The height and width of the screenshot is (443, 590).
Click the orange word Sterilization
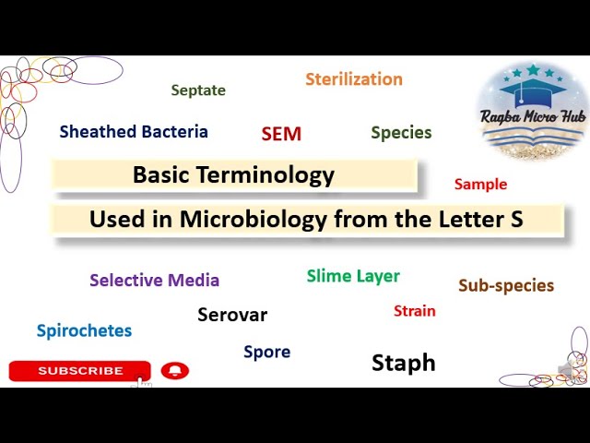tap(354, 79)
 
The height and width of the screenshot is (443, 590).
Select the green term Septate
tap(198, 90)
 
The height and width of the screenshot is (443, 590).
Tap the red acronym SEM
tap(281, 134)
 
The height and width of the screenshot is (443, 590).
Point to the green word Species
tap(402, 133)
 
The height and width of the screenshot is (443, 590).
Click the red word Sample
tap(480, 185)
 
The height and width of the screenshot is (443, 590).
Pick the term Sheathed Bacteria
tap(134, 131)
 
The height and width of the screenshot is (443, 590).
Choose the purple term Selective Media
tap(154, 281)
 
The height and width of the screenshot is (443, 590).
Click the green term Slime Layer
tap(353, 276)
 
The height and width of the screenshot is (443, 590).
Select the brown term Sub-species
tap(506, 285)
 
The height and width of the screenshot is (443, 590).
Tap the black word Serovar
tap(232, 315)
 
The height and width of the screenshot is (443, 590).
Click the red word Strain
tap(415, 311)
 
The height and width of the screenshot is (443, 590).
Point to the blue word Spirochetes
tap(84, 330)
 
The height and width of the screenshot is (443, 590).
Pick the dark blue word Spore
tap(267, 352)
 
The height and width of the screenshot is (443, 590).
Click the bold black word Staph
tap(404, 363)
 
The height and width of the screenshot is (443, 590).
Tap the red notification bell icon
tap(175, 371)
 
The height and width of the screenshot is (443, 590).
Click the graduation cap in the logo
tap(533, 90)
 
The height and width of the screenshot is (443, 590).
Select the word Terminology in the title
tap(265, 175)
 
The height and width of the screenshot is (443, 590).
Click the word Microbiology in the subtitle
tap(254, 220)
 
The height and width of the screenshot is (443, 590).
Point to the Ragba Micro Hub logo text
tap(533, 116)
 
